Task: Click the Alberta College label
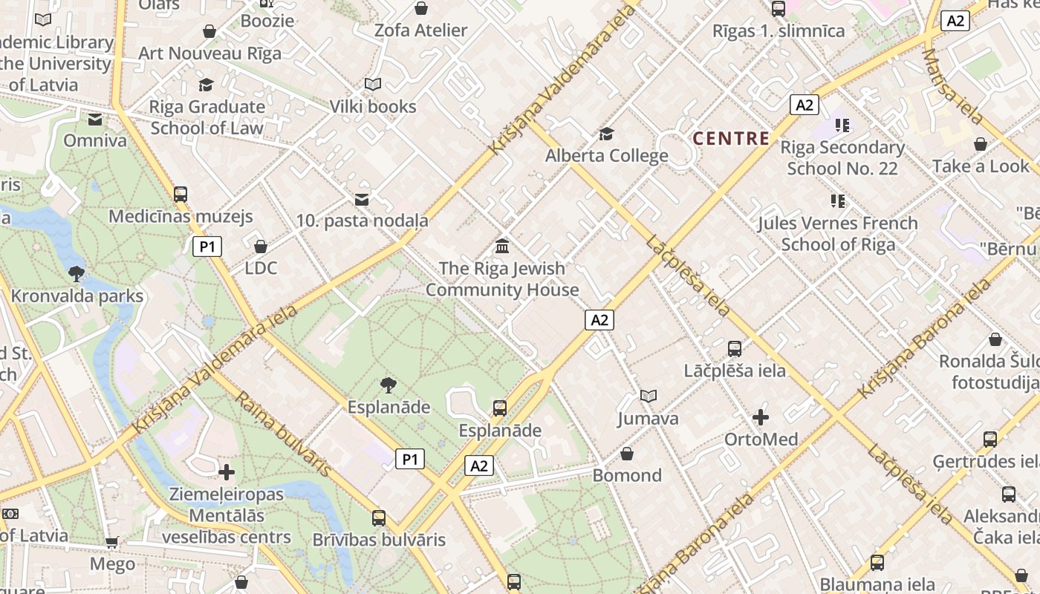[x=606, y=156]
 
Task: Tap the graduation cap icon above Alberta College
[x=606, y=134]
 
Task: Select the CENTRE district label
[x=731, y=138]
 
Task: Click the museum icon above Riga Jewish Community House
[x=502, y=247]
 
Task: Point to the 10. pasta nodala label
[x=362, y=221]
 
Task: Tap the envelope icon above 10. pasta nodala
[x=362, y=199]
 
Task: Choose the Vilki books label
[x=373, y=106]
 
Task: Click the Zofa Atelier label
[x=420, y=30]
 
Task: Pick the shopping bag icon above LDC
[x=261, y=246]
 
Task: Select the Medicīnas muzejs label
[x=181, y=217]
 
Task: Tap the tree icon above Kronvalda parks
[x=76, y=273]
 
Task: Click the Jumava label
[x=648, y=418]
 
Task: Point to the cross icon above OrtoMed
[x=761, y=417]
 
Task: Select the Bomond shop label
[x=626, y=475]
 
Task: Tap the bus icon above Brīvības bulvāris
[x=379, y=518]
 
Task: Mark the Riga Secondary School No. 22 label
[x=842, y=157]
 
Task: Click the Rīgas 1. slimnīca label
[x=779, y=31]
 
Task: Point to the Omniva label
[x=94, y=140]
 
